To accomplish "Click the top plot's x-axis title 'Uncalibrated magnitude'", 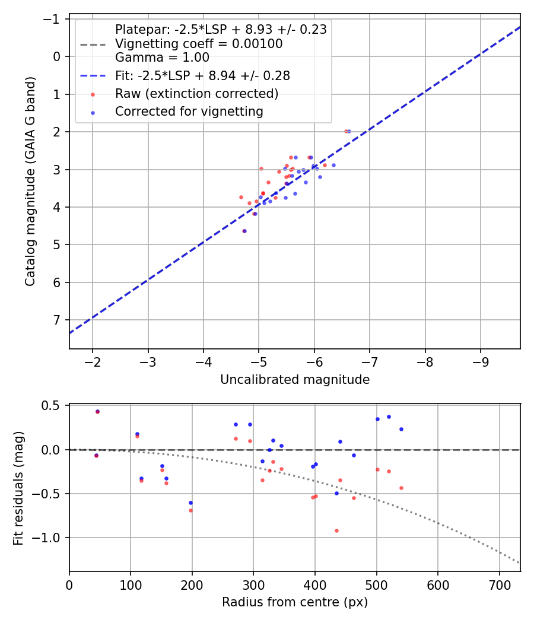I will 294,380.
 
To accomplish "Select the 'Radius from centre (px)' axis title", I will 294,602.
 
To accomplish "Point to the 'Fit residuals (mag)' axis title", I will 18,487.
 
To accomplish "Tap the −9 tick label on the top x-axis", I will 480,363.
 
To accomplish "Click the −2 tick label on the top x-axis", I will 93,363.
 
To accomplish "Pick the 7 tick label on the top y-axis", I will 57,320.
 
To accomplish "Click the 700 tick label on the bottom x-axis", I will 499,585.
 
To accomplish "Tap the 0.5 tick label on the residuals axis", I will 53,406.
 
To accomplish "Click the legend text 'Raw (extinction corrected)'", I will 196,94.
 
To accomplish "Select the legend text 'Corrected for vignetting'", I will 189,111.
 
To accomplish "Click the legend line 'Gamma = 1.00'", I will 162,58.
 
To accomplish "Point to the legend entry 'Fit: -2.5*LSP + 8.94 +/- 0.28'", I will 202,76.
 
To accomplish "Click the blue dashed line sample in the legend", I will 93,76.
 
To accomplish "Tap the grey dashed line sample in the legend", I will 93,44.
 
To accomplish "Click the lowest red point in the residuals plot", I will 336,530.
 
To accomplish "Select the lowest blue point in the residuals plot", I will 190,503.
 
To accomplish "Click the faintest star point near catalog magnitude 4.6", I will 244,231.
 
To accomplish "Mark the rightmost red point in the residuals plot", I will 401,488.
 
